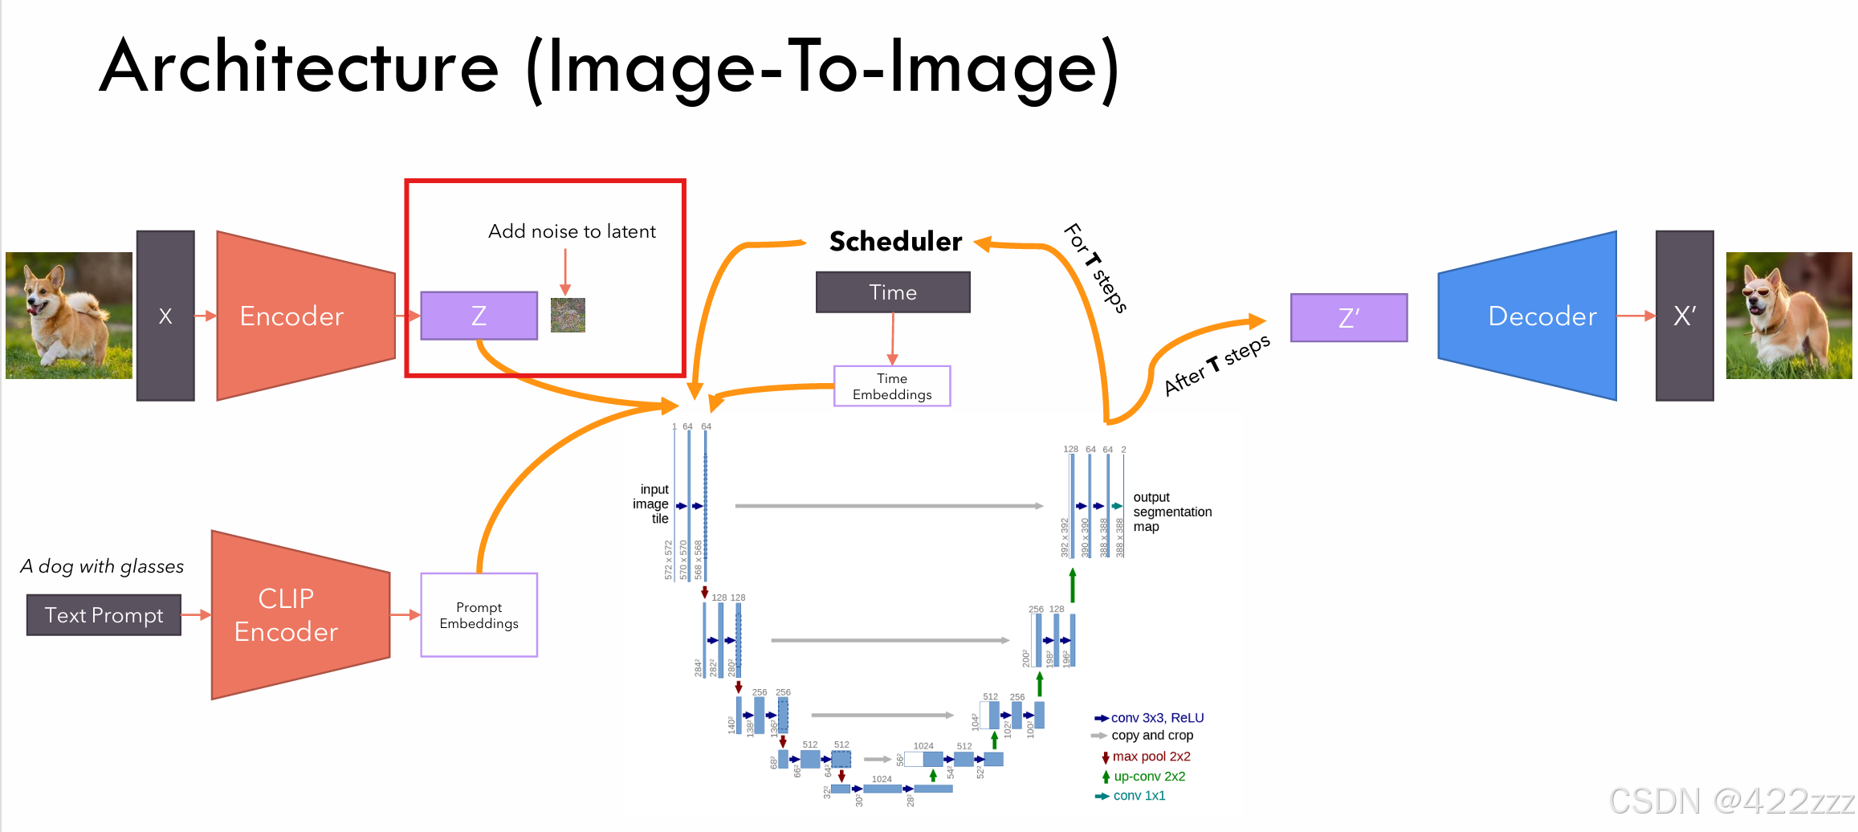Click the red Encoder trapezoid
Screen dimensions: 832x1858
(305, 316)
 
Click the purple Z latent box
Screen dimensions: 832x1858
(479, 316)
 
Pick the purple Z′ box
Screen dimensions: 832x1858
(1348, 318)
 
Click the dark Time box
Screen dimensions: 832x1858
(892, 292)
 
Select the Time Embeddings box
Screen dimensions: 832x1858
(892, 386)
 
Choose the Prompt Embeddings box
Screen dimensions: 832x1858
(479, 615)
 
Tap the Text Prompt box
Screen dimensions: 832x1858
(104, 615)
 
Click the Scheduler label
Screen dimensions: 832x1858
(895, 241)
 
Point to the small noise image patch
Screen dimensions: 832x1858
(568, 316)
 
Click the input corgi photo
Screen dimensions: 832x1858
(69, 316)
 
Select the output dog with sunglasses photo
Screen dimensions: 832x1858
(1789, 316)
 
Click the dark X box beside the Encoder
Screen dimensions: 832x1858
(165, 316)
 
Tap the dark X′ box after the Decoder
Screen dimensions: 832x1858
(1685, 316)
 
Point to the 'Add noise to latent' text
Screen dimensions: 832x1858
(572, 231)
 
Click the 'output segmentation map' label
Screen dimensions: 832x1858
(1171, 512)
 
